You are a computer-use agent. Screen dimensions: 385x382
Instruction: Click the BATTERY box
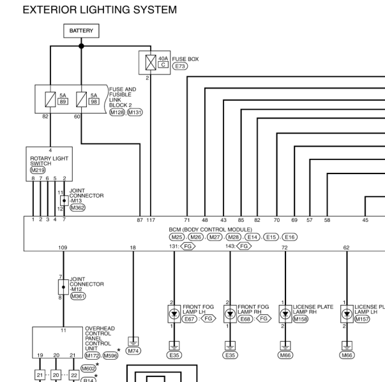pyautogui.click(x=81, y=31)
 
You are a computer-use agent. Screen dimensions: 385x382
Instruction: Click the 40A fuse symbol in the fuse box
pyautogui.click(x=151, y=62)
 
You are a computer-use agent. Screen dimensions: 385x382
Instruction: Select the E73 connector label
pyautogui.click(x=180, y=66)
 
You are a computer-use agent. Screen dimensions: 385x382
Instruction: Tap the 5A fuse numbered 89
pyautogui.click(x=50, y=99)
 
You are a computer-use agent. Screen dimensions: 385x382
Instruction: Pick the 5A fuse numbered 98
pyautogui.click(x=81, y=99)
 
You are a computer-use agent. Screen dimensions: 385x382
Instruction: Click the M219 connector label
pyautogui.click(x=38, y=170)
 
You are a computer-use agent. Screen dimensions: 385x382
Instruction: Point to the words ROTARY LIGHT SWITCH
pyautogui.click(x=49, y=161)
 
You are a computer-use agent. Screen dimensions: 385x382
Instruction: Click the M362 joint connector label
pyautogui.click(x=78, y=208)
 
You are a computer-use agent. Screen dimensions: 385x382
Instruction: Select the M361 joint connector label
pyautogui.click(x=78, y=296)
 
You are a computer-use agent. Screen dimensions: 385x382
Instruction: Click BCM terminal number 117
pyautogui.click(x=151, y=220)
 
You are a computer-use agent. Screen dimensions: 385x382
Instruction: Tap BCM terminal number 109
pyautogui.click(x=63, y=247)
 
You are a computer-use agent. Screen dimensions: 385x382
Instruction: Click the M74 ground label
pyautogui.click(x=133, y=351)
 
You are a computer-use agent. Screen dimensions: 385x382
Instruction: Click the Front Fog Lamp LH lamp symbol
pyautogui.click(x=174, y=314)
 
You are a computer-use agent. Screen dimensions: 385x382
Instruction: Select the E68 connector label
pyautogui.click(x=245, y=319)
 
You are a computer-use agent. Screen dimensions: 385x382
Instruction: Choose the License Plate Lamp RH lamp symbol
pyautogui.click(x=285, y=314)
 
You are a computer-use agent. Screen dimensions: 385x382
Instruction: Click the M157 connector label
pyautogui.click(x=362, y=319)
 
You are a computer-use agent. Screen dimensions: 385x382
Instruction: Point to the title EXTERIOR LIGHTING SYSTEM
pyautogui.click(x=100, y=10)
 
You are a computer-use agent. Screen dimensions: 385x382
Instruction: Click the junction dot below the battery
pyautogui.click(x=81, y=46)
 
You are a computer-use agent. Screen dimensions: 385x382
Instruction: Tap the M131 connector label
pyautogui.click(x=135, y=112)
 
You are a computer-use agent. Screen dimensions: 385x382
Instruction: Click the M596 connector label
pyautogui.click(x=110, y=355)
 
